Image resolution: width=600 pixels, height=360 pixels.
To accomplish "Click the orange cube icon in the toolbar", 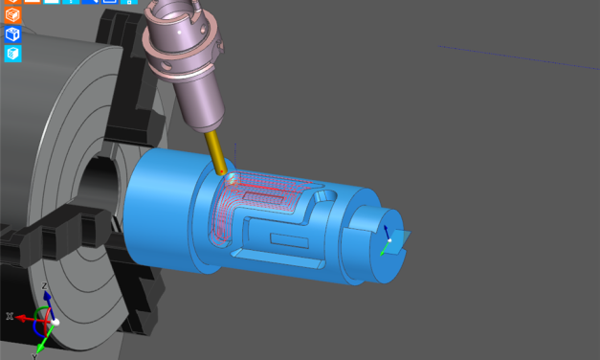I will click(x=12, y=15).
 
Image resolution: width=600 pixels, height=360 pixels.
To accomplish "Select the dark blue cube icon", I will click(x=12, y=34).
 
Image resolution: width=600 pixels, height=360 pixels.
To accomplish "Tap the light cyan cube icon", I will click(x=12, y=54).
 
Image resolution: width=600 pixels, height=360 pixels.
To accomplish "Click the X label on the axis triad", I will click(x=10, y=316).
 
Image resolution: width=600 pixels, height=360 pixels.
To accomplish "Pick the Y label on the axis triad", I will click(x=34, y=355).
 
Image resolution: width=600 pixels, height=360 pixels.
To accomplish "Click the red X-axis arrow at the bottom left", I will click(x=24, y=317).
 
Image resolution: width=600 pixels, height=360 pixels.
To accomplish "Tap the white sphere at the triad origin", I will click(x=56, y=322).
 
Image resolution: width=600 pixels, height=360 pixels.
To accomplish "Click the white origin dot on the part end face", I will click(x=389, y=240).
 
